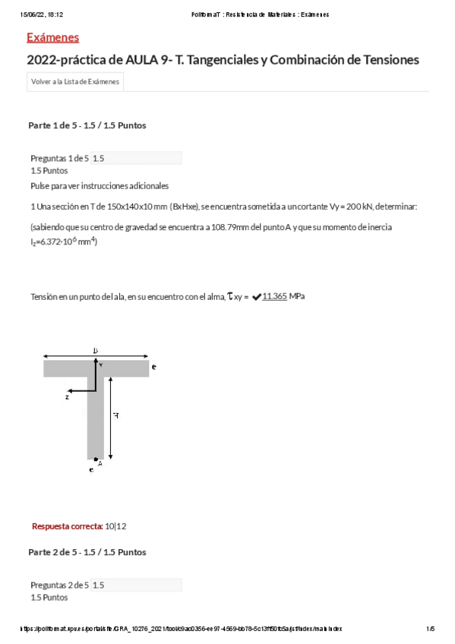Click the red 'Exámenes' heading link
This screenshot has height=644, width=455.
[x=52, y=38]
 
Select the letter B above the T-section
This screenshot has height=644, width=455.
[x=96, y=350]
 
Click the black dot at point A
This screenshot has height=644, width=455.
[x=96, y=459]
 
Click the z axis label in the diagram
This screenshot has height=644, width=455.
[x=68, y=396]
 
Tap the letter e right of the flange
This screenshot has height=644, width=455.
[x=154, y=367]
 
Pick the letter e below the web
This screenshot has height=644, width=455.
[x=91, y=470]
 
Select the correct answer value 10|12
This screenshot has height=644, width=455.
[x=115, y=526]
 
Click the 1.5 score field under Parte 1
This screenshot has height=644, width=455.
[x=136, y=158]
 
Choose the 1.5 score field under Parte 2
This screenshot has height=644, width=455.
[x=136, y=585]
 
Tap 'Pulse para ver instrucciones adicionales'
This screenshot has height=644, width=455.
[x=100, y=185]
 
